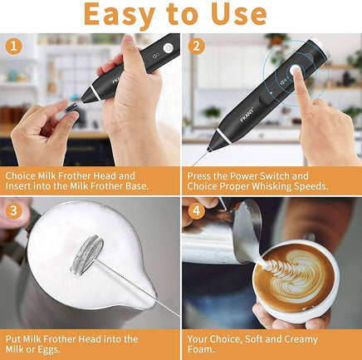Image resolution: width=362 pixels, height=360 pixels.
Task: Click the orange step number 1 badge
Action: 12,47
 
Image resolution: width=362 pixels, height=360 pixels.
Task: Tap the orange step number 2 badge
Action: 196,47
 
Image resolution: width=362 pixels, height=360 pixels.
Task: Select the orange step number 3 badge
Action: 12,211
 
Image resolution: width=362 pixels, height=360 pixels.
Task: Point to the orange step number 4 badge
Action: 196,211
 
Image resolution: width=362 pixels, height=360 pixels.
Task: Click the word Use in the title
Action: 247,15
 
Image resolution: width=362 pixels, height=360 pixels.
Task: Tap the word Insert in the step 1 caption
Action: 22,187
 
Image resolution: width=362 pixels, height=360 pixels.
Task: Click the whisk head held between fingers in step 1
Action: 73,106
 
